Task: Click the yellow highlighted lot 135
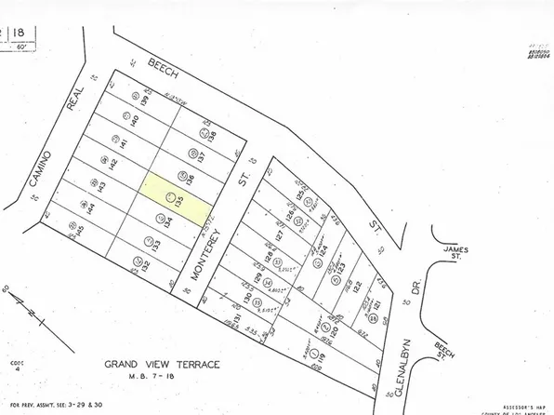coord(175,196)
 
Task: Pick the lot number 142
coord(113,163)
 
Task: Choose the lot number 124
coord(326,252)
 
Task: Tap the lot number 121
coord(377,282)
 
